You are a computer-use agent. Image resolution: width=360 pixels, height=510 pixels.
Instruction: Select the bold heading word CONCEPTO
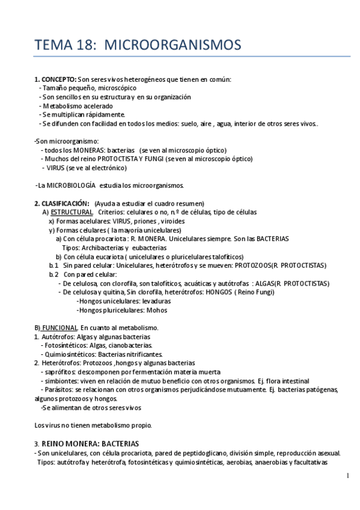[x=59, y=79]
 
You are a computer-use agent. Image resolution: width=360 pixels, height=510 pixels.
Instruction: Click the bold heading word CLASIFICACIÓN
[x=65, y=203]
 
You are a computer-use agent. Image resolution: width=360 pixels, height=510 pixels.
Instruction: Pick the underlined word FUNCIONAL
[x=59, y=327]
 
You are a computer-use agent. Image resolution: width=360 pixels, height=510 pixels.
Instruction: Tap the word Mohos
[x=157, y=310]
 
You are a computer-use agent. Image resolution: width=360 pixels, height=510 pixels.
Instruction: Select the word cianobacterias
[x=130, y=345]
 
